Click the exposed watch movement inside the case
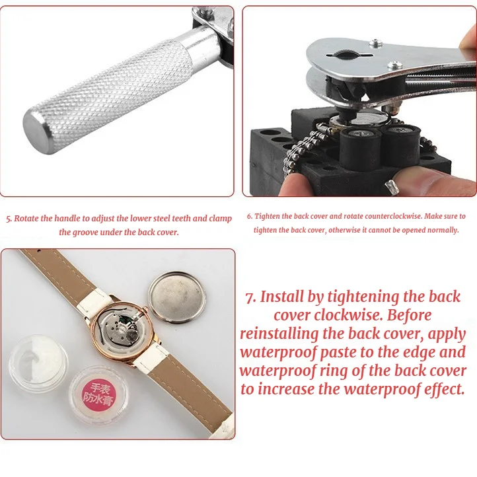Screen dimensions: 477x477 122,330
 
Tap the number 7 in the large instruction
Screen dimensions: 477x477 250,297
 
